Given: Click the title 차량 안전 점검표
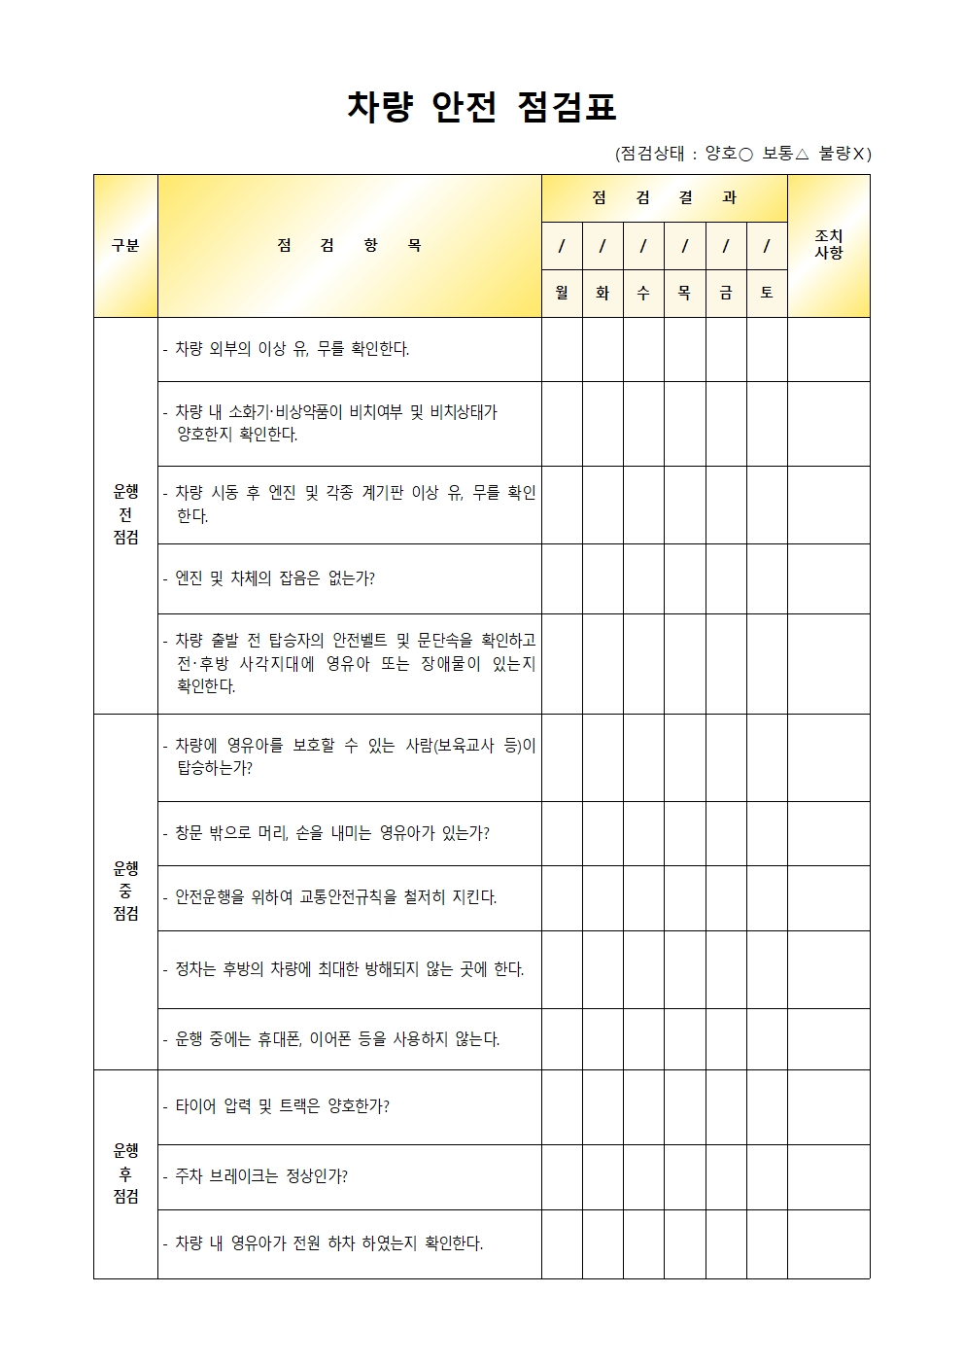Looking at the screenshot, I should tap(481, 107).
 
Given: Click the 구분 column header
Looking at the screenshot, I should tap(125, 246).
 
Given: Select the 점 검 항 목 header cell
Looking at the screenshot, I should tap(349, 246).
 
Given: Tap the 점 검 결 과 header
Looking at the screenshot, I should tap(664, 198).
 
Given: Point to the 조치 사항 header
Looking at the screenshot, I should tap(828, 245).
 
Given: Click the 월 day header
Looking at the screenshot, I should tap(562, 293).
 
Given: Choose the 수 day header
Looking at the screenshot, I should tap(643, 293).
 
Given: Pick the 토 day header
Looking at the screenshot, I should tap(767, 293).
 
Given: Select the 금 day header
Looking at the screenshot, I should tap(726, 293).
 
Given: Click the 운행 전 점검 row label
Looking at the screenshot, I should tap(125, 515).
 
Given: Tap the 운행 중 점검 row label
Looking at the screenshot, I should tap(125, 891).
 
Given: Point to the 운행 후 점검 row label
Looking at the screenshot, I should tap(125, 1173).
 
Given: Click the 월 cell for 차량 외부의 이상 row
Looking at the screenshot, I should tap(562, 349).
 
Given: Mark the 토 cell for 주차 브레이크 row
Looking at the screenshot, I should tap(767, 1176).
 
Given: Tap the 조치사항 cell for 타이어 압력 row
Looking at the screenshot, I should tap(828, 1106).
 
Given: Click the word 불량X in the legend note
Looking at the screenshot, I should tap(844, 154).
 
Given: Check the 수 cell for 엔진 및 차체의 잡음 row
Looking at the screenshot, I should tap(643, 578).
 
